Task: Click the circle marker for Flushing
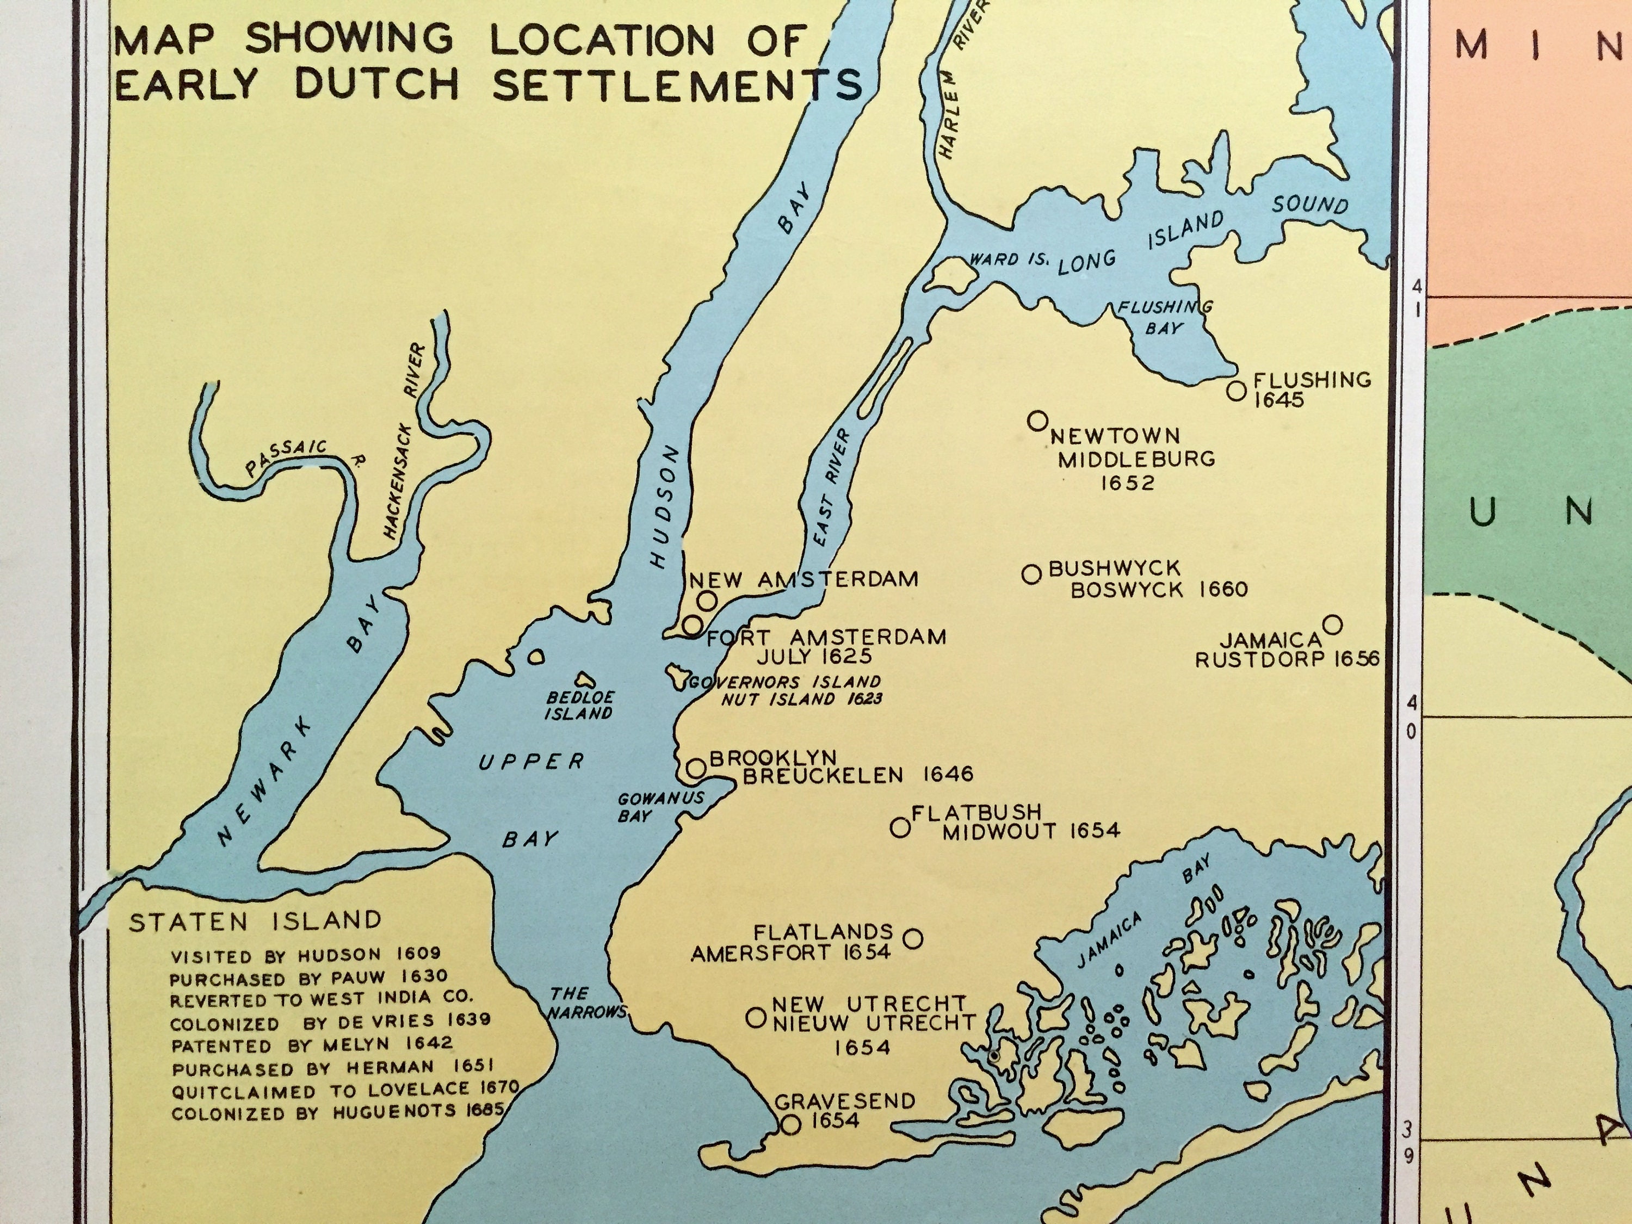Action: tap(1237, 390)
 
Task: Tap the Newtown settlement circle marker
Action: tap(1037, 421)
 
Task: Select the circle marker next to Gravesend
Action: tap(790, 1124)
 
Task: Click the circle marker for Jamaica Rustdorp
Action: tap(1332, 625)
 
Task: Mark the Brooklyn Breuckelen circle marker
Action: tap(696, 768)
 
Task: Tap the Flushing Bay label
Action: tap(1164, 317)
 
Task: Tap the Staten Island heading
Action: tap(255, 922)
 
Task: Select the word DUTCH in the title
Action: tap(375, 85)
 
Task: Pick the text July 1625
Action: tap(814, 656)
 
